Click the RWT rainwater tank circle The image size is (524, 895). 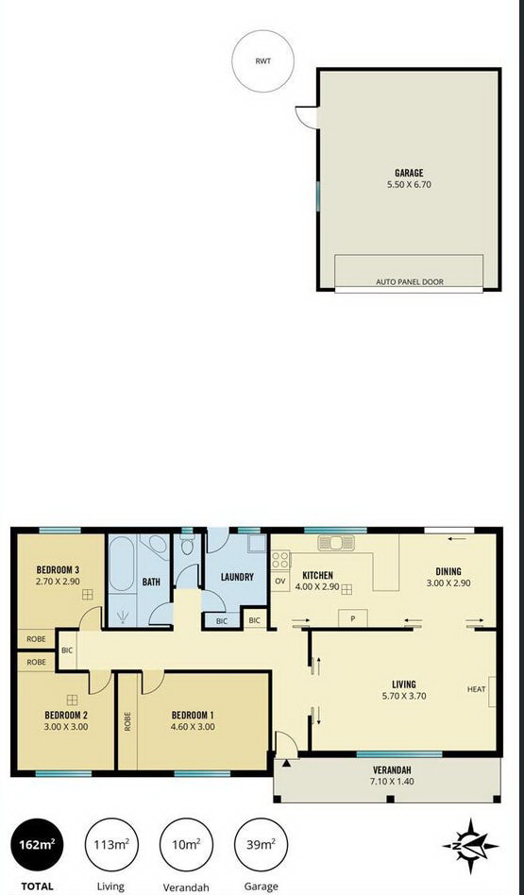263,60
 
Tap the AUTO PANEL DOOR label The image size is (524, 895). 409,282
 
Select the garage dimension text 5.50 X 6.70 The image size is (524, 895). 409,184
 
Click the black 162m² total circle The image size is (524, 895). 38,844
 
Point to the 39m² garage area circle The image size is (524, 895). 262,844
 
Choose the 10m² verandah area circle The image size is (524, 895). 187,844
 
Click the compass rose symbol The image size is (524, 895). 470,847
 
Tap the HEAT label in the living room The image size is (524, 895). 476,689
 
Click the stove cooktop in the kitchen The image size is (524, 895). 280,560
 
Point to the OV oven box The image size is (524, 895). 280,581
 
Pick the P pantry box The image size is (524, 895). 353,618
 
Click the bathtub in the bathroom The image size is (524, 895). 122,563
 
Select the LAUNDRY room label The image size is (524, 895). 237,577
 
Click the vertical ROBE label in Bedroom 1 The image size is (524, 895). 127,721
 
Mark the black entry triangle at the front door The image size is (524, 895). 286,763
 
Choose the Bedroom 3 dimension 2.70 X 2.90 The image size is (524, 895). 58,581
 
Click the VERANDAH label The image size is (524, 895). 392,769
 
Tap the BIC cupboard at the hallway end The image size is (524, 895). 67,650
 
